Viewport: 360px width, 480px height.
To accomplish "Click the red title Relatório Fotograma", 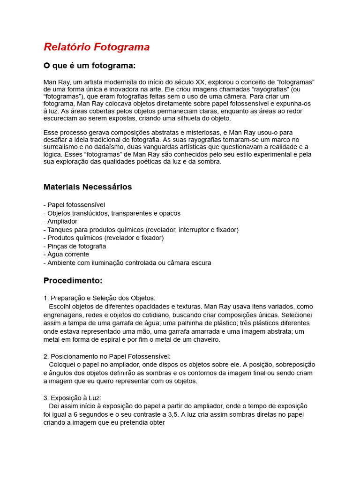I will point(97,47).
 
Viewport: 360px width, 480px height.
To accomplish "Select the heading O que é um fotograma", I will point(90,65).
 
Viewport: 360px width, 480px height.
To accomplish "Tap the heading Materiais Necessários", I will point(88,187).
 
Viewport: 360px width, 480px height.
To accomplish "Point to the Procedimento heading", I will point(73,280).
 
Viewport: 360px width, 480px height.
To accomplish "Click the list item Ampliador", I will point(62,221).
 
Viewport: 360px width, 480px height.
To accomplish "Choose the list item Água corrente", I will point(68,254).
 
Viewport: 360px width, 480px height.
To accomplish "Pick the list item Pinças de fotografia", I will point(76,246).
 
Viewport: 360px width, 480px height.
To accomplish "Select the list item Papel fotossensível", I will point(76,205).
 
